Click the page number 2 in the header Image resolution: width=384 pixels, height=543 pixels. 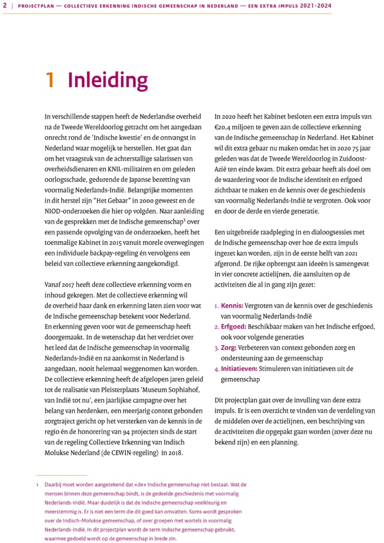coord(5,6)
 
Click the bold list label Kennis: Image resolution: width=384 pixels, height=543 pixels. coord(232,306)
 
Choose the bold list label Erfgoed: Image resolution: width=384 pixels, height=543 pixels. coord(234,327)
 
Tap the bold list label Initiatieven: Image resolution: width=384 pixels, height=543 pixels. coord(239,369)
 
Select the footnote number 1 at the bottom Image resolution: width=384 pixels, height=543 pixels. coord(38,485)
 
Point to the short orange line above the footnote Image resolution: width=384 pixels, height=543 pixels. coord(61,475)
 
